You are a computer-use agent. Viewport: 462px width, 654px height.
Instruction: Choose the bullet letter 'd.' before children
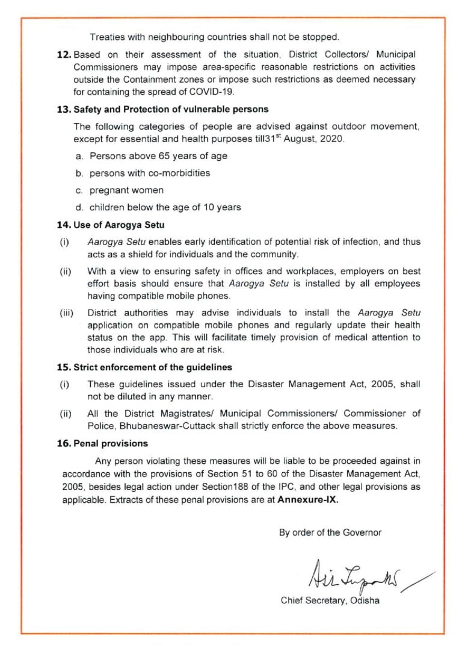[79, 207]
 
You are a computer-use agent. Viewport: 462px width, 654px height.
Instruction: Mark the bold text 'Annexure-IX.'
[307, 500]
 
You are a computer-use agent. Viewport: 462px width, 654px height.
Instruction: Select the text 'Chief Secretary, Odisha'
[330, 601]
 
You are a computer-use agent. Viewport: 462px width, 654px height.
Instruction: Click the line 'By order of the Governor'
[330, 532]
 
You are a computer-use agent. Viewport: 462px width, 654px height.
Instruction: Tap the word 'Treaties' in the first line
[106, 36]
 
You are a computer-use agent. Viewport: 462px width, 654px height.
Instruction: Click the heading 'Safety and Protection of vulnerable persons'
[170, 109]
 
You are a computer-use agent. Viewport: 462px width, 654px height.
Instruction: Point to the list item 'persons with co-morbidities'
[150, 173]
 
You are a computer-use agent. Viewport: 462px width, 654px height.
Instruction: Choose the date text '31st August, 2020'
[312, 139]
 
